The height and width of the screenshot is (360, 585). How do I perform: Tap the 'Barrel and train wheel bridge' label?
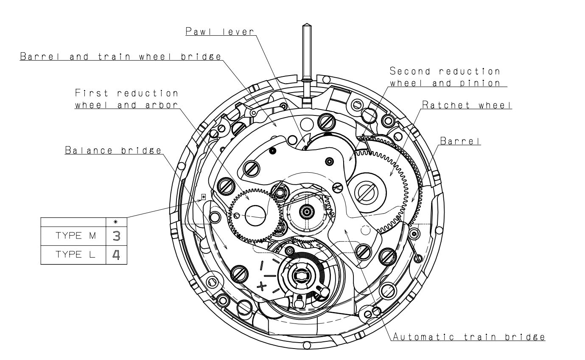click(x=120, y=57)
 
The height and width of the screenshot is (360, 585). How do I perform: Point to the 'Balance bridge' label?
click(x=113, y=151)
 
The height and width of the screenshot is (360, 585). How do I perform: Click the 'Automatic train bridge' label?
click(x=468, y=337)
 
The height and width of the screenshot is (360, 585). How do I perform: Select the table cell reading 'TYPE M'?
click(x=73, y=237)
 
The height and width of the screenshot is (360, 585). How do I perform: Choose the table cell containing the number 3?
click(x=116, y=237)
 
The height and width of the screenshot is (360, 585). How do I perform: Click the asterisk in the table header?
click(x=116, y=222)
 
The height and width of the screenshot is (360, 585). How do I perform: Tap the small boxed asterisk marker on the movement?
click(x=204, y=197)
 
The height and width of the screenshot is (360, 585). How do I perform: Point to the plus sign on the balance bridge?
click(x=262, y=287)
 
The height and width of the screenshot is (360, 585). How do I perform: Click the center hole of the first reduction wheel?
click(x=256, y=212)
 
